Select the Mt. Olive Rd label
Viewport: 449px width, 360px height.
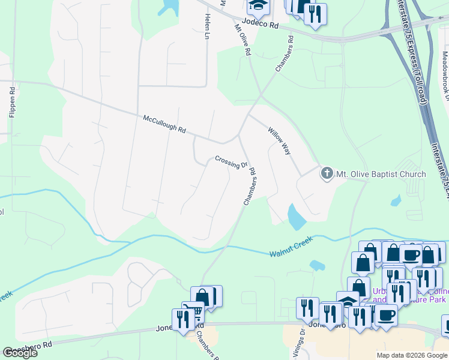tap(242, 40)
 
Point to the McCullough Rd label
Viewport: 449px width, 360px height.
tap(164, 125)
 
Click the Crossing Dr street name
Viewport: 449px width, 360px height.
tap(231, 162)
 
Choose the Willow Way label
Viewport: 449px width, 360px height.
tap(280, 142)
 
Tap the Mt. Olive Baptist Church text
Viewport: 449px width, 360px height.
tap(381, 174)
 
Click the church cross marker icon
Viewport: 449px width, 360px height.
tap(327, 174)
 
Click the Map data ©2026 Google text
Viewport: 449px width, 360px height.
tap(411, 355)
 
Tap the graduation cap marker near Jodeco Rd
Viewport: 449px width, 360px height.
tap(259, 6)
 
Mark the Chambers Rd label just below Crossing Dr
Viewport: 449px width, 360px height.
tap(250, 187)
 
